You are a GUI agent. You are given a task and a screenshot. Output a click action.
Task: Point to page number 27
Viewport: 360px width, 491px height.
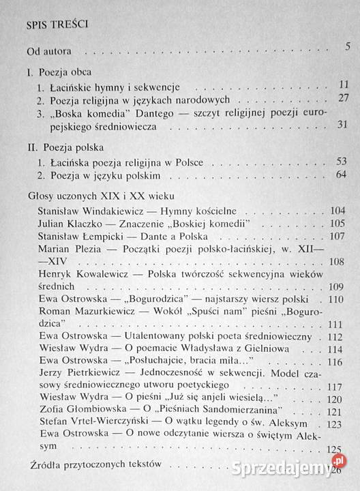tap(342, 99)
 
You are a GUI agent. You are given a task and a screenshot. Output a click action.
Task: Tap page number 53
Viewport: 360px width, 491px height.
tap(342, 160)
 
